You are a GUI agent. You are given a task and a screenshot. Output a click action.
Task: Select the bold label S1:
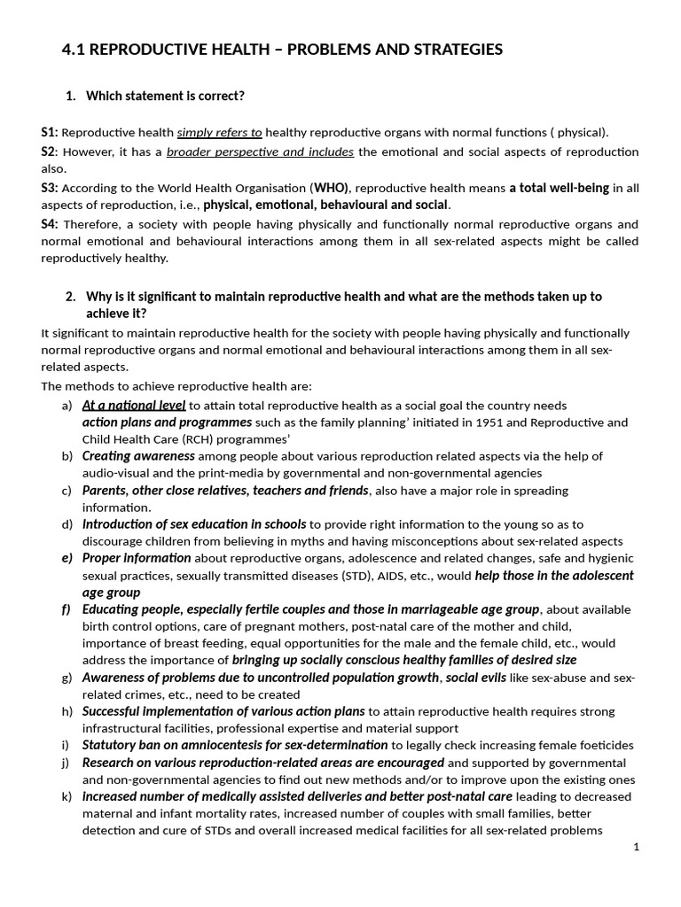tap(49, 132)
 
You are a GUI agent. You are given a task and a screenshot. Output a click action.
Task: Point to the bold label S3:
tap(49, 188)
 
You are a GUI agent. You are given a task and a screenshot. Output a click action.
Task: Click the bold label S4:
tap(49, 223)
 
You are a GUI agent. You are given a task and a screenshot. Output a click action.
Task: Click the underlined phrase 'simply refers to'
tap(219, 133)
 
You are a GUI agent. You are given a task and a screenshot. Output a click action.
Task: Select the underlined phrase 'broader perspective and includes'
tap(260, 151)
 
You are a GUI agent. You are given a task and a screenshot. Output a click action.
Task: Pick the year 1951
tap(491, 422)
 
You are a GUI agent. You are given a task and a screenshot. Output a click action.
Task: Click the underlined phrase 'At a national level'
tap(134, 406)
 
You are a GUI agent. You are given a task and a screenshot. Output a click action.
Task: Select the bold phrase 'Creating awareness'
tap(138, 456)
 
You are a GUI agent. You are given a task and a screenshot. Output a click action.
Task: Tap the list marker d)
tap(67, 524)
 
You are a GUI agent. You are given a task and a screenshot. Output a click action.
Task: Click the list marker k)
tap(67, 796)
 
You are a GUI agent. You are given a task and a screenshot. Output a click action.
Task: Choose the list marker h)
tap(67, 711)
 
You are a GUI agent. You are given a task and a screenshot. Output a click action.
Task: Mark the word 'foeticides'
tap(604, 746)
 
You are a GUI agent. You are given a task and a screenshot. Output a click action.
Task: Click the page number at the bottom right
tap(636, 847)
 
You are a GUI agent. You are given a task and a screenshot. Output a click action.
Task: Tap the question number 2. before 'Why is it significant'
tap(71, 297)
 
